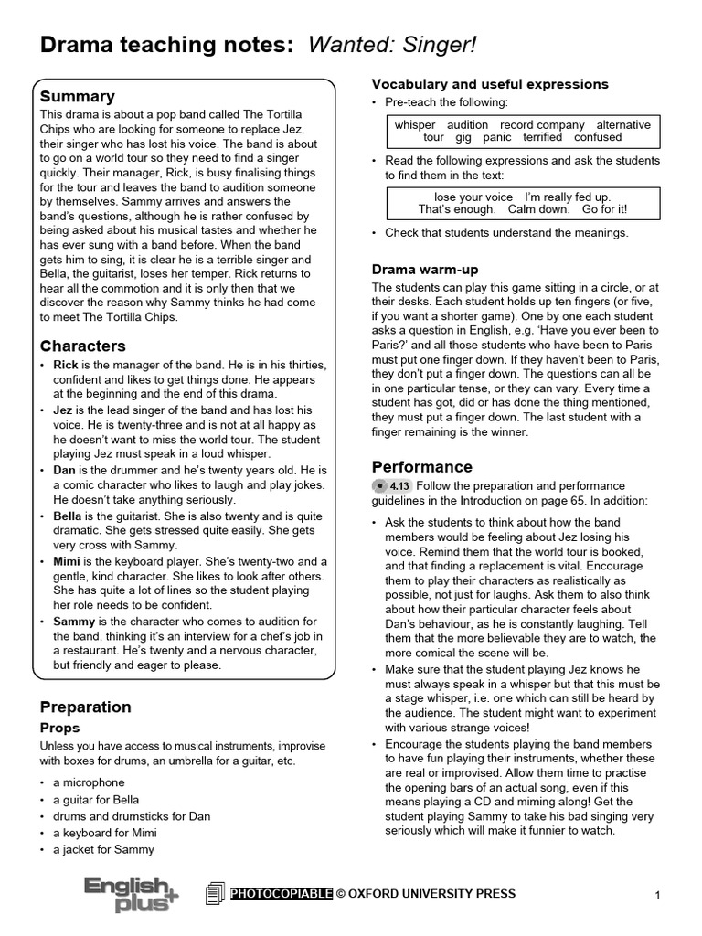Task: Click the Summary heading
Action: [x=78, y=97]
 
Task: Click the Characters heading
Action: [x=83, y=346]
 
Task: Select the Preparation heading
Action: [x=86, y=707]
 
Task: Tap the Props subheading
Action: [x=60, y=729]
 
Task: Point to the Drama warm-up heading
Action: [x=425, y=270]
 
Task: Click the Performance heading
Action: [x=421, y=467]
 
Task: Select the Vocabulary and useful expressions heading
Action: [x=490, y=84]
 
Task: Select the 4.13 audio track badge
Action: [x=391, y=486]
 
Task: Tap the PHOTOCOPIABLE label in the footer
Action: [x=281, y=894]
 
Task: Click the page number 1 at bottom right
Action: [x=656, y=896]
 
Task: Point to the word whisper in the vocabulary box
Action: [x=415, y=125]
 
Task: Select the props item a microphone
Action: [x=89, y=783]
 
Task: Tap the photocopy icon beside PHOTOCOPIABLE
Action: [x=215, y=894]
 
